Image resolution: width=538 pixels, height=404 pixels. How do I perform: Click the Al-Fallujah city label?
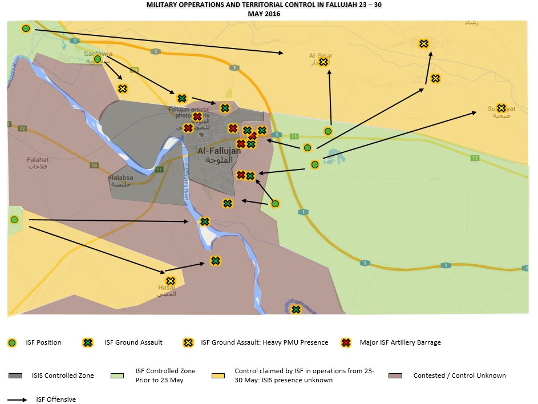tap(219, 151)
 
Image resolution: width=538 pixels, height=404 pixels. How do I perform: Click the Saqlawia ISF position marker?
tap(98, 59)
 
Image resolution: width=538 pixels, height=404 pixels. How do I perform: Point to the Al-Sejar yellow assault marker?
tap(323, 62)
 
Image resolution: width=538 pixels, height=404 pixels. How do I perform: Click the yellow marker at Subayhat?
tap(501, 108)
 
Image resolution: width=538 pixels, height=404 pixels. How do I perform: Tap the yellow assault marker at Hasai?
tap(170, 281)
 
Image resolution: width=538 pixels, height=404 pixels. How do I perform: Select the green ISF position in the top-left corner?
tap(26, 29)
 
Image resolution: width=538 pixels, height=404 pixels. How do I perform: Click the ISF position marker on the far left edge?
tap(14, 220)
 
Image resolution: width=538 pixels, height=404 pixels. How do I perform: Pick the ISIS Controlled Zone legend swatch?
tap(16, 375)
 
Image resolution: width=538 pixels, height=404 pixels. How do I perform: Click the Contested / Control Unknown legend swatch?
tap(395, 375)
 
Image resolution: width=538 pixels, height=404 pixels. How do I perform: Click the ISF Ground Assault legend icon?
tap(88, 342)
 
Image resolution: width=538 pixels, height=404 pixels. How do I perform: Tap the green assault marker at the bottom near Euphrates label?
tap(296, 309)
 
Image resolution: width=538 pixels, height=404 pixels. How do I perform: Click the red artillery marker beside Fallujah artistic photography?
tap(197, 117)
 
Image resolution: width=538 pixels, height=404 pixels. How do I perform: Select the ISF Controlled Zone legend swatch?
tap(117, 375)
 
